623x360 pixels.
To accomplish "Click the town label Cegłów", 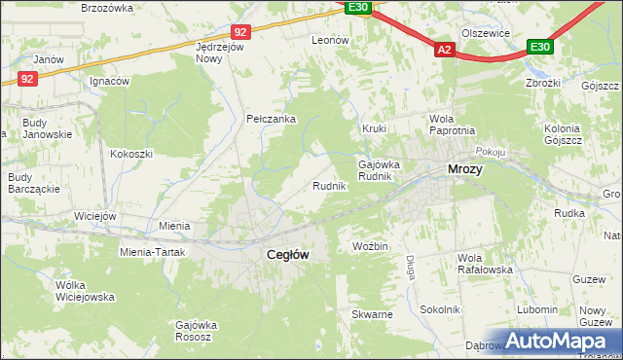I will tap(288, 254).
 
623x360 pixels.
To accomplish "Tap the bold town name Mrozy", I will tap(465, 168).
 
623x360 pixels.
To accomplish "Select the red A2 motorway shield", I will tap(445, 49).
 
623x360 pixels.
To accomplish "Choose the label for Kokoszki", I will tap(131, 154).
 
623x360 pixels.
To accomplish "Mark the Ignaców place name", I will tap(109, 82).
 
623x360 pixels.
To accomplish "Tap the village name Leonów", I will tap(330, 41).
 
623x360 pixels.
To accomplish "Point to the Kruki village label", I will tap(375, 128).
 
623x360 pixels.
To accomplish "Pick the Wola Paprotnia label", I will tap(452, 126).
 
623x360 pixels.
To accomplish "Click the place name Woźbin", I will tap(370, 247).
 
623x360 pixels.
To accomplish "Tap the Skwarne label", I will tap(372, 315).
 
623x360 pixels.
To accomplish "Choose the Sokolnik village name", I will tap(439, 309).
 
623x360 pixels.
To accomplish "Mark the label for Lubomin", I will tap(537, 309).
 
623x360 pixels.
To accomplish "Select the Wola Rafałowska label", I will tap(483, 264).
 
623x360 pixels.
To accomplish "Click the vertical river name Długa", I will tap(412, 266).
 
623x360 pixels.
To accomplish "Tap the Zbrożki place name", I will tap(542, 83).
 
